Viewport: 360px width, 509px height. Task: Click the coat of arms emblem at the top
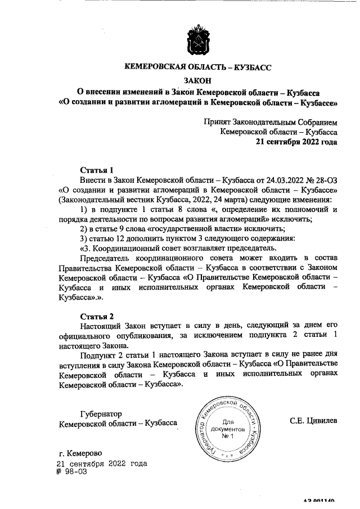(x=198, y=39)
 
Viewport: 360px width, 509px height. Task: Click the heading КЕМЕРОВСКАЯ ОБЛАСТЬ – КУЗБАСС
(x=197, y=67)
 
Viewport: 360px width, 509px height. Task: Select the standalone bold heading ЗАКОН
(x=197, y=81)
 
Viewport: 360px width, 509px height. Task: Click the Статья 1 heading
(x=97, y=169)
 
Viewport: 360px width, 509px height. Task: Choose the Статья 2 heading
(x=97, y=315)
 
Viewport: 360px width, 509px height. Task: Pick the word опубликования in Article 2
(x=134, y=335)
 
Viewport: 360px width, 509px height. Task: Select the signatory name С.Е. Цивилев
(x=313, y=420)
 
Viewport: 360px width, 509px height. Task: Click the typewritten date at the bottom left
(x=102, y=463)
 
